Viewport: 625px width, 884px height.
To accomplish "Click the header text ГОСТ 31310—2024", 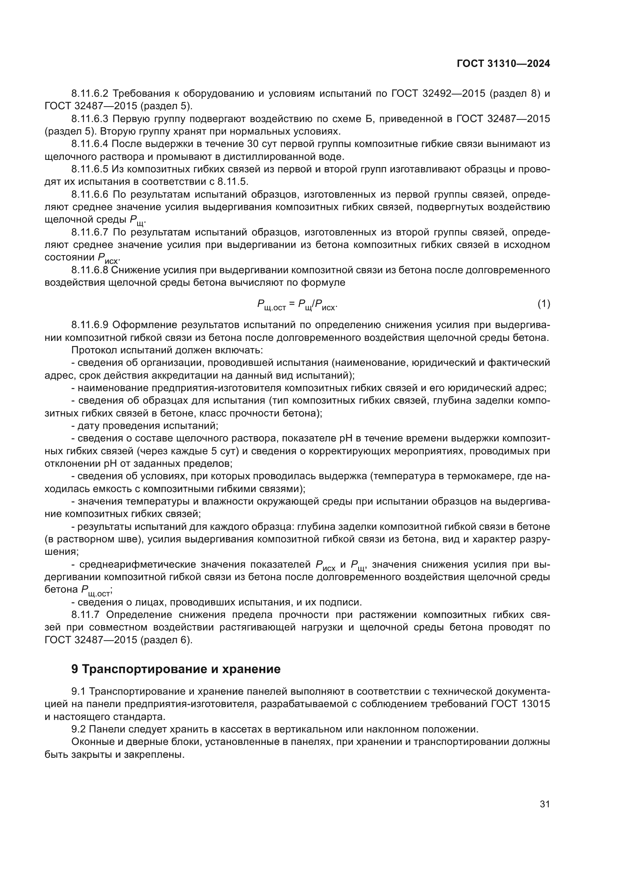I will click(503, 64).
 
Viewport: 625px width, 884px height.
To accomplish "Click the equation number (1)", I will click(544, 304).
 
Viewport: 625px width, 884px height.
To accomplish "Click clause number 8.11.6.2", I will click(90, 94).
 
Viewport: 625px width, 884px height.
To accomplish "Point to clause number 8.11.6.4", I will click(90, 144).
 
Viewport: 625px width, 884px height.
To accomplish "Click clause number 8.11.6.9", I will click(90, 325).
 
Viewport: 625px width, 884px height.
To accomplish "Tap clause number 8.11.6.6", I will click(90, 194).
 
